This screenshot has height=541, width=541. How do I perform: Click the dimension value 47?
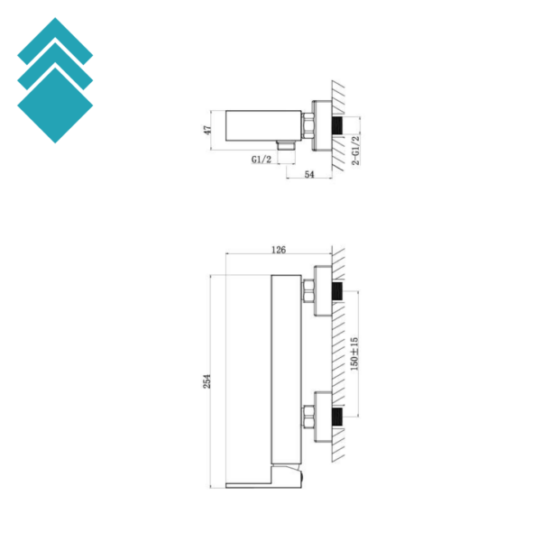click(x=207, y=130)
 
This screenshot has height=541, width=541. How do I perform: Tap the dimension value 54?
click(x=309, y=175)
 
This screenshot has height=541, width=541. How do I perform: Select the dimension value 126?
click(x=279, y=250)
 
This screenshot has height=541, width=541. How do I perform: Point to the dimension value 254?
click(x=206, y=381)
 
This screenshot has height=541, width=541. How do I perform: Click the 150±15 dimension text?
click(x=354, y=354)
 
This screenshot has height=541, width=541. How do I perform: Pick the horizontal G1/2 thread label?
click(x=261, y=160)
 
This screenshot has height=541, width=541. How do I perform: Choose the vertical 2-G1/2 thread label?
click(x=355, y=151)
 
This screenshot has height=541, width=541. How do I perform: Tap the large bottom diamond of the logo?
click(x=55, y=105)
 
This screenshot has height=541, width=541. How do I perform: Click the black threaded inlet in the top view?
click(x=337, y=126)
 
